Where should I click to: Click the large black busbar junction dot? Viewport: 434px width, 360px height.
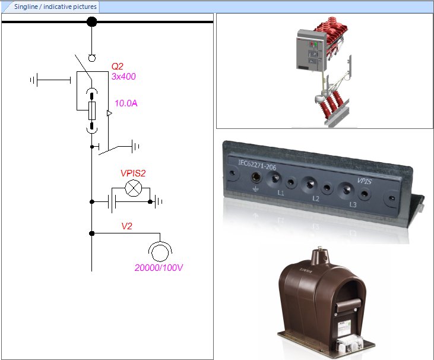click(x=91, y=22)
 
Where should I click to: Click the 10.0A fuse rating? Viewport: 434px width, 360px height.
click(x=126, y=103)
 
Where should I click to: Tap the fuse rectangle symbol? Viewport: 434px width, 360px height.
click(x=91, y=110)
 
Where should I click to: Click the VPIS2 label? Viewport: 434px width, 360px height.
click(x=133, y=173)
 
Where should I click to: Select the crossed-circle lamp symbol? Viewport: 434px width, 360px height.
click(x=135, y=190)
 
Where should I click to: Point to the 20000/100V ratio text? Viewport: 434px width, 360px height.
click(x=159, y=268)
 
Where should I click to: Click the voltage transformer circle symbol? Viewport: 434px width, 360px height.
click(x=159, y=252)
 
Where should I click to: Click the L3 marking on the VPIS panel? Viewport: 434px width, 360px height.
click(x=353, y=204)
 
